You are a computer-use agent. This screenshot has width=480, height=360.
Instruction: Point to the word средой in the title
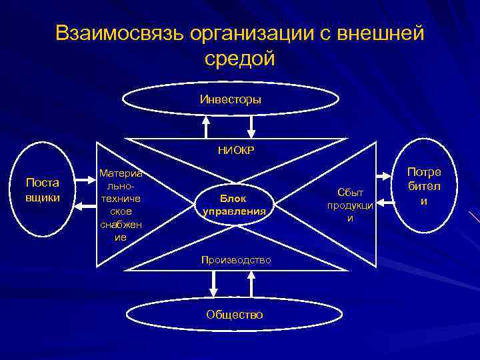pyautogui.click(x=240, y=59)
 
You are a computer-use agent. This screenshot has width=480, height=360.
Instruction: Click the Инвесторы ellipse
pyautogui.click(x=230, y=99)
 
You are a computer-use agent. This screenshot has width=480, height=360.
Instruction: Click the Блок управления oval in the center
pyautogui.click(x=234, y=205)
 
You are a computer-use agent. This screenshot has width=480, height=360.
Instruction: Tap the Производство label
pyautogui.click(x=236, y=259)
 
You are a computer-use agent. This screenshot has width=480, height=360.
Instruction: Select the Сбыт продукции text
pyautogui.click(x=350, y=205)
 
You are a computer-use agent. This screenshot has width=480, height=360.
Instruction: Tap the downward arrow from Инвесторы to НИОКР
pyautogui.click(x=251, y=125)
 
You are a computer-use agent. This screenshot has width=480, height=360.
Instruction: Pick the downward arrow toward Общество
pyautogui.click(x=213, y=284)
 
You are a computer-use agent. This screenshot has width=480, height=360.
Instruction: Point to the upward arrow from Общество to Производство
pyautogui.click(x=252, y=284)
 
